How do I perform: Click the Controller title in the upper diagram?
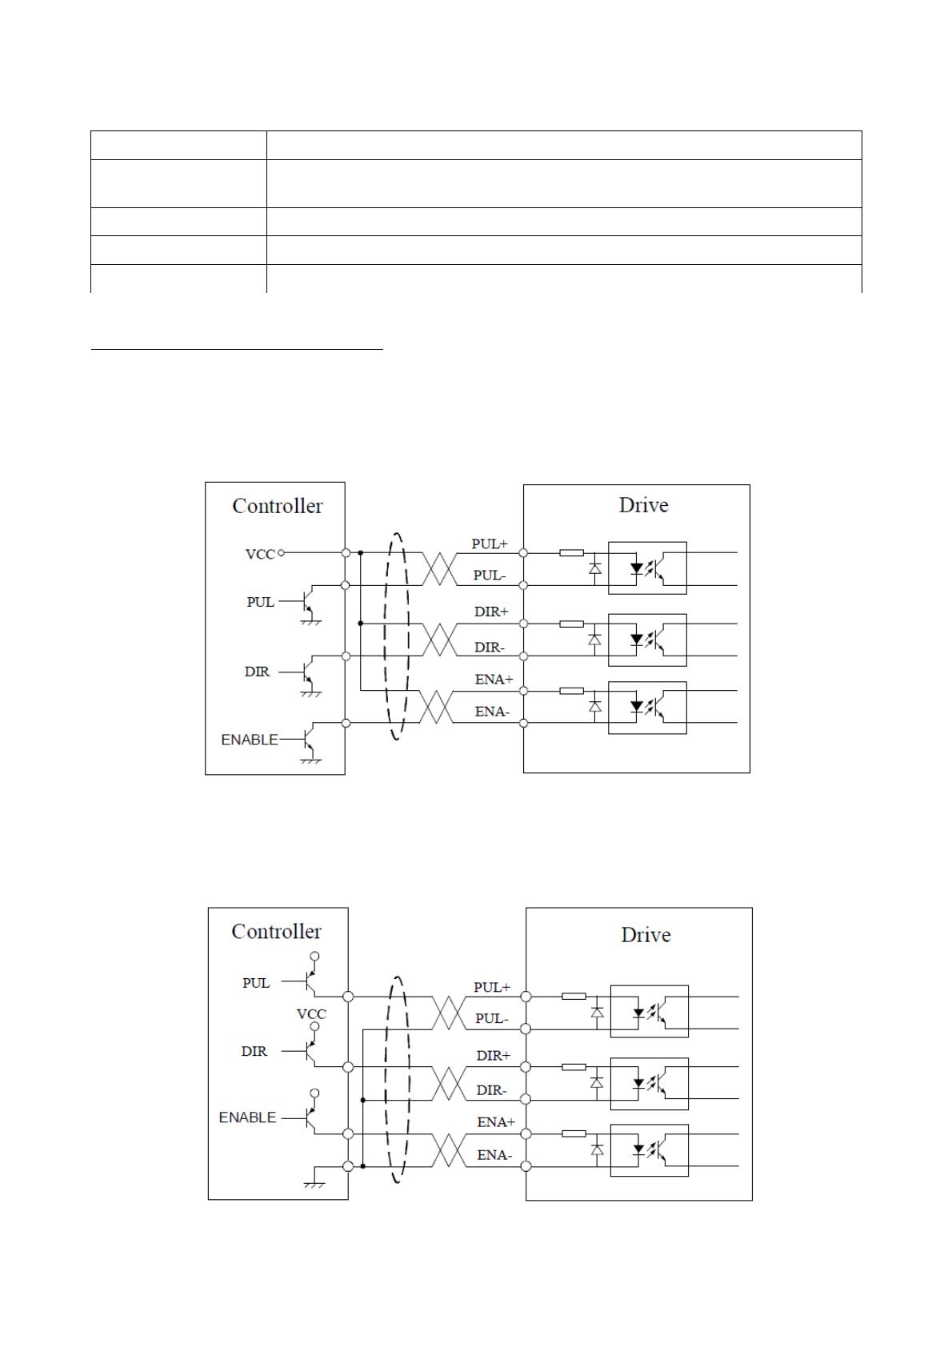(277, 506)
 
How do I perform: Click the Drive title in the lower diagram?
(646, 935)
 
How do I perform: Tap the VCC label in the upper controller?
(260, 554)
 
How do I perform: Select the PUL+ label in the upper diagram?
(490, 544)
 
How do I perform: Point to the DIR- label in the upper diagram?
(490, 648)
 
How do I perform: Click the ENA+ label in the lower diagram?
(496, 1122)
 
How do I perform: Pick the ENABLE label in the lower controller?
(247, 1117)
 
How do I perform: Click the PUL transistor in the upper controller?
(306, 603)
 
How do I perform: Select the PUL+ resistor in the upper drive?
(571, 552)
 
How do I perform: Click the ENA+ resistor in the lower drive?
(574, 1133)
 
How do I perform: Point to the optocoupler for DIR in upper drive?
(647, 640)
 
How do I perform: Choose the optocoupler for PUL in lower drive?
(649, 1011)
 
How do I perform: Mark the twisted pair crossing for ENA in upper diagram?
(437, 707)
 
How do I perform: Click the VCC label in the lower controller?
(311, 1015)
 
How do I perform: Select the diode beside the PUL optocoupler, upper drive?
(595, 568)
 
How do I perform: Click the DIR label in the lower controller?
(254, 1051)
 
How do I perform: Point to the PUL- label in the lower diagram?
(492, 1018)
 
